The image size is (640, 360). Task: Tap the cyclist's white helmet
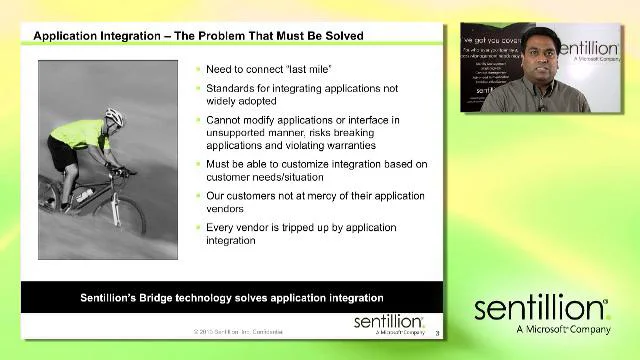pos(114,118)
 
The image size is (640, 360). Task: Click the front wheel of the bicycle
pos(127,213)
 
